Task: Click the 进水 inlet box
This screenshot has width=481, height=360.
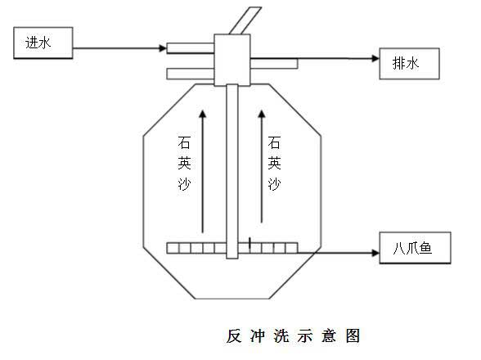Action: tap(43, 43)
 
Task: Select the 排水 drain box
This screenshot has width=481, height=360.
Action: tap(409, 64)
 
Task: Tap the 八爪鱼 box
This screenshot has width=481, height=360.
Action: tap(415, 248)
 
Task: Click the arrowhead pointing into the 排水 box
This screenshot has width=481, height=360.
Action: tap(375, 58)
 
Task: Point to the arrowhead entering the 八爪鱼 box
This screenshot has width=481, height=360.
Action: tap(375, 253)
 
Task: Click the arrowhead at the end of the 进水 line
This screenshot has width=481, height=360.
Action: tap(163, 48)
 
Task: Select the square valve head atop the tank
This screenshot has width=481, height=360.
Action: tap(232, 60)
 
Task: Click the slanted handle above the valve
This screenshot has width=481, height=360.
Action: tap(245, 20)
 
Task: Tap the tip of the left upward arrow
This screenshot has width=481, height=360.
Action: tap(203, 110)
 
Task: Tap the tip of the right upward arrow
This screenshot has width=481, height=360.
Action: tap(262, 110)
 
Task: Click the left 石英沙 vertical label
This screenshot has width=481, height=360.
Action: tap(184, 164)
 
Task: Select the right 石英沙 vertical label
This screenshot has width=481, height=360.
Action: tap(274, 164)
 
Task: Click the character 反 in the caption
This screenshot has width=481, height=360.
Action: tap(234, 336)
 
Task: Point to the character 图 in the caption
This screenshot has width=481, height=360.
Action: tap(353, 336)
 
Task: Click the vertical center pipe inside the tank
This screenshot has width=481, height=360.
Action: tap(232, 172)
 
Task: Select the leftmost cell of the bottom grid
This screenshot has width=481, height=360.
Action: tap(173, 248)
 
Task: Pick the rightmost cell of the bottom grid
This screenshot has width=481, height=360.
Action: tap(292, 248)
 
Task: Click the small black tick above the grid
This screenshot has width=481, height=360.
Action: tap(249, 242)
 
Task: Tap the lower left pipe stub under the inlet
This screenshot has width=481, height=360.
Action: tap(190, 74)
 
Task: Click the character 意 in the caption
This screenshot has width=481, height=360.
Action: tap(329, 336)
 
